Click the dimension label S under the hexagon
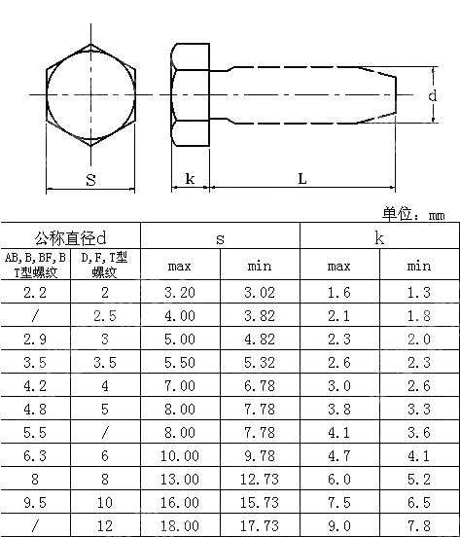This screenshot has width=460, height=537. pyautogui.click(x=89, y=180)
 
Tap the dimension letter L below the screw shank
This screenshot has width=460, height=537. pyautogui.click(x=301, y=179)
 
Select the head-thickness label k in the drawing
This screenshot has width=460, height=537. pyautogui.click(x=190, y=179)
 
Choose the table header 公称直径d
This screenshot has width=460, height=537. pyautogui.click(x=69, y=237)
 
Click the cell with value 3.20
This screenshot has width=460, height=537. pyautogui.click(x=181, y=292)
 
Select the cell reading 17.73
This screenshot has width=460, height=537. pyautogui.click(x=260, y=525)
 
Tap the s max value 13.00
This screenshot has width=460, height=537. pyautogui.click(x=181, y=479)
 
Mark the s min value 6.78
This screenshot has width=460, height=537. pyautogui.click(x=260, y=385)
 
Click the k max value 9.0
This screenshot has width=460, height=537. pyautogui.click(x=338, y=525)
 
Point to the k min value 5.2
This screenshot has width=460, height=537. pyautogui.click(x=418, y=479)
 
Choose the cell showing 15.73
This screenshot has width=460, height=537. pyautogui.click(x=260, y=502)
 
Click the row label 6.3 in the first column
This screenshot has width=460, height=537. pyautogui.click(x=35, y=455)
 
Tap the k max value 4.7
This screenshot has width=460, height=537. pyautogui.click(x=338, y=455)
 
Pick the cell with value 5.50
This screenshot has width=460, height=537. pyautogui.click(x=181, y=362)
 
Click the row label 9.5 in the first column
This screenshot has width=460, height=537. pyautogui.click(x=35, y=502)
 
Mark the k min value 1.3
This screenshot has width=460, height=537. pyautogui.click(x=418, y=292)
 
